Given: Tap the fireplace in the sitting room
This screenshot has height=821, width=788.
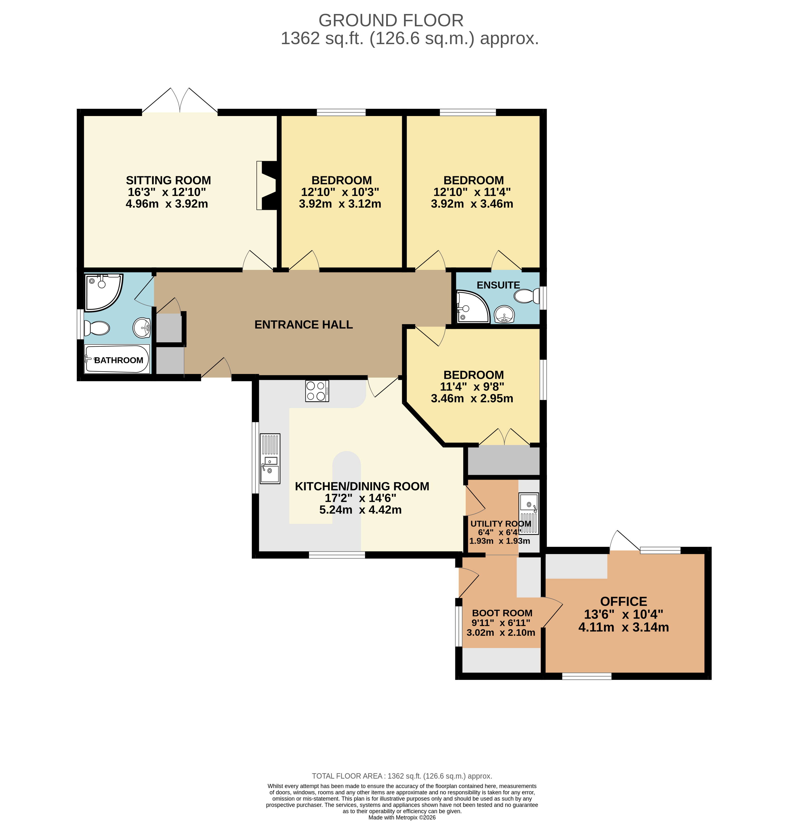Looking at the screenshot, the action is click(x=267, y=185).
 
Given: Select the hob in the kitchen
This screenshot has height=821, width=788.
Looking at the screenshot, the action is click(x=317, y=391).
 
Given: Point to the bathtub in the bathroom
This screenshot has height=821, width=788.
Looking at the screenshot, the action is click(x=117, y=359).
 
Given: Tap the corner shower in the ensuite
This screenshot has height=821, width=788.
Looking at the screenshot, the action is click(x=472, y=307).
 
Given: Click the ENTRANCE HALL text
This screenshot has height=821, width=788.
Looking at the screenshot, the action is click(x=303, y=325).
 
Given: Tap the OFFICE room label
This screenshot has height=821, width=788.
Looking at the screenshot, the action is click(x=623, y=602).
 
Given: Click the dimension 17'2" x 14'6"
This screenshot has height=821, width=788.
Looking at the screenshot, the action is click(x=361, y=498).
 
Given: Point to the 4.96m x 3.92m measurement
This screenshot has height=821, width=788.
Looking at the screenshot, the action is click(x=167, y=204).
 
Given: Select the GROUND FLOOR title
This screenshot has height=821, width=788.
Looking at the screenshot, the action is click(x=391, y=20).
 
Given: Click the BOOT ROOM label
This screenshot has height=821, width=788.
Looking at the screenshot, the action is click(x=502, y=613).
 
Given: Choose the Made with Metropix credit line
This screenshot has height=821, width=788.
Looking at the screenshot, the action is click(x=402, y=817).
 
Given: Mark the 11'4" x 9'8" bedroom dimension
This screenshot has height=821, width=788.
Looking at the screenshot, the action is click(x=472, y=387).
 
